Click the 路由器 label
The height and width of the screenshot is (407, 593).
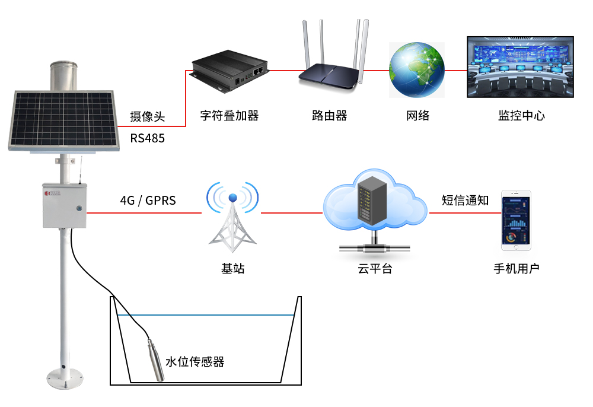tap(329, 116)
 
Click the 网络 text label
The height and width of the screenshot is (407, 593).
tap(417, 116)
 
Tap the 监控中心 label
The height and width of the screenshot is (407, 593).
tap(521, 116)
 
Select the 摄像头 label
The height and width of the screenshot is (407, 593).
tap(148, 117)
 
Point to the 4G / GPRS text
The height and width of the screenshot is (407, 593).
tap(148, 201)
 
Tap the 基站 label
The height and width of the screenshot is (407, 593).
tap(232, 269)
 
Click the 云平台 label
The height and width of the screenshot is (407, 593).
tap(375, 269)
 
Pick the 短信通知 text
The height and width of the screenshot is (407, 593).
tap(465, 201)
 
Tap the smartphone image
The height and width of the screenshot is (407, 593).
tap(517, 220)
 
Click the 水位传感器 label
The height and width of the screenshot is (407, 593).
tap(195, 361)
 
